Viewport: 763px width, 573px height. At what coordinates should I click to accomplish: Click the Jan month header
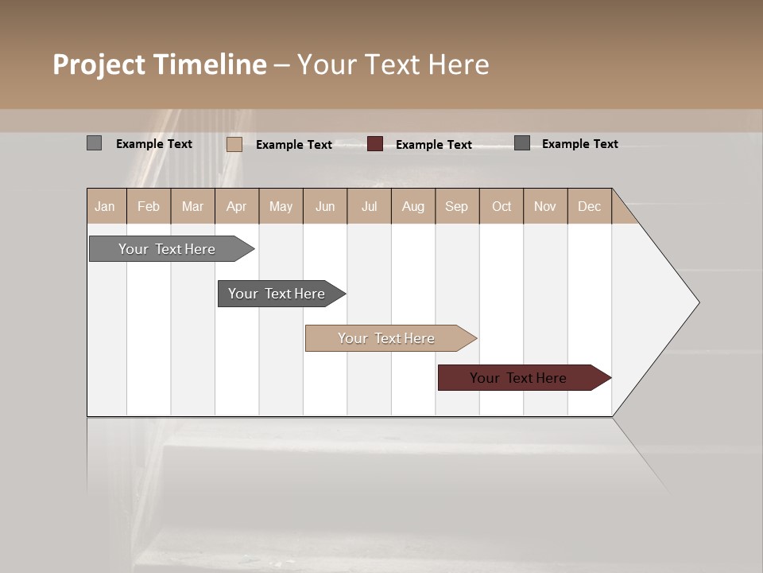click(x=105, y=207)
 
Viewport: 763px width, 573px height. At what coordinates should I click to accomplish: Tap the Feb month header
click(x=149, y=207)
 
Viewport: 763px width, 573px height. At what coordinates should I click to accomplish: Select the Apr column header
click(x=236, y=207)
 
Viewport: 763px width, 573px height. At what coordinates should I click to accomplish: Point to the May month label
click(x=281, y=207)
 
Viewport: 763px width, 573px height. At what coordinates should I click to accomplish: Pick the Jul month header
click(x=369, y=207)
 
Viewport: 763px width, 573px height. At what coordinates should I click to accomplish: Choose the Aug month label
click(x=412, y=207)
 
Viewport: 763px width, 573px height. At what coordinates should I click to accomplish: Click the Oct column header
click(x=502, y=207)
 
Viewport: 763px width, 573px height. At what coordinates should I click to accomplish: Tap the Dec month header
click(x=589, y=207)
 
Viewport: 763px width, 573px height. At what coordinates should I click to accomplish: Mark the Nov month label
click(x=544, y=207)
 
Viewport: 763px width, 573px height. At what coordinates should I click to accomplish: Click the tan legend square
click(x=234, y=144)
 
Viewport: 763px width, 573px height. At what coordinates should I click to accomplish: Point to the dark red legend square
click(x=375, y=144)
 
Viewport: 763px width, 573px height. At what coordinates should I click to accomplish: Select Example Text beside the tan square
click(x=294, y=145)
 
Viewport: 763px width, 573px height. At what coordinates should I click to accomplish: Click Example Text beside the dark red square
click(x=434, y=145)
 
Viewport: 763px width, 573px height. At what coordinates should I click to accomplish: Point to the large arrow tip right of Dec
click(x=684, y=302)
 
